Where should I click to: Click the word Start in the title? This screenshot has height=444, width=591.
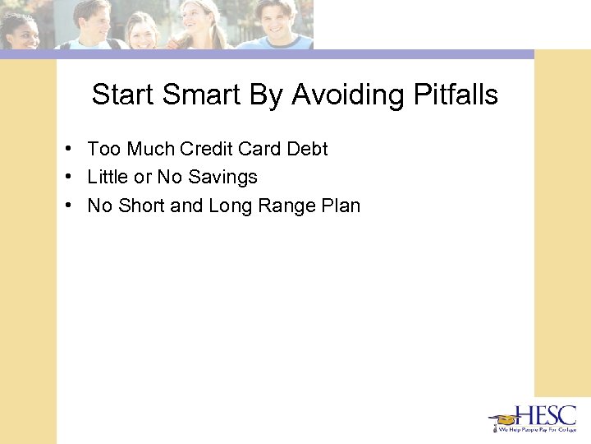(x=123, y=95)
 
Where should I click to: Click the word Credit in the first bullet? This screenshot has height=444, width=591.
(x=206, y=149)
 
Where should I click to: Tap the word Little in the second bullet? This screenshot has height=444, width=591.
(x=108, y=177)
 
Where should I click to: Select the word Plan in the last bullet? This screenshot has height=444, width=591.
(x=341, y=205)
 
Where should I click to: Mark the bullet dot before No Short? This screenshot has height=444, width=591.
(x=72, y=205)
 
